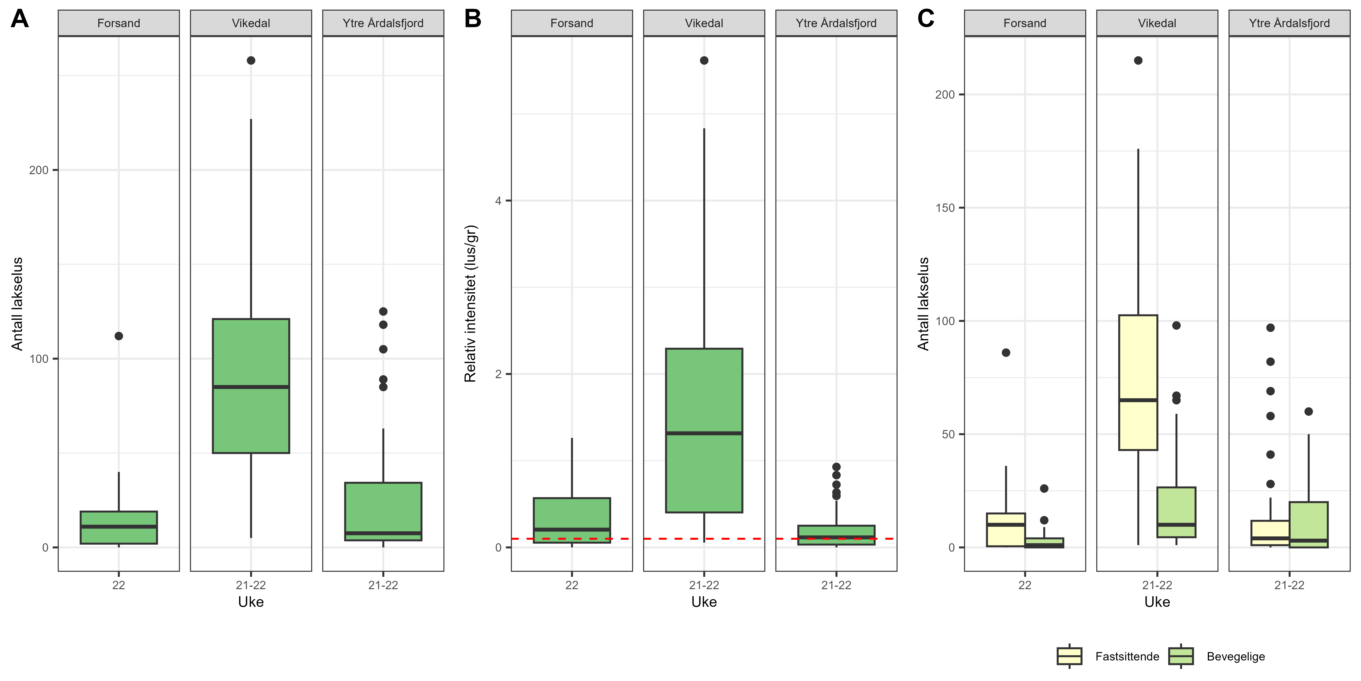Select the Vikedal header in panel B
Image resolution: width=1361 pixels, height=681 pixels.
click(704, 23)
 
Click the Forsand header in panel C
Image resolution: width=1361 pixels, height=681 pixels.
click(1024, 23)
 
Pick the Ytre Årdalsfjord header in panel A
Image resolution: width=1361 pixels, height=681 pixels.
click(383, 23)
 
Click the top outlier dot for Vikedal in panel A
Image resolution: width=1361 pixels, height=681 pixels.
click(251, 60)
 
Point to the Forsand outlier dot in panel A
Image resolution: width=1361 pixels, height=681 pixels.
click(119, 336)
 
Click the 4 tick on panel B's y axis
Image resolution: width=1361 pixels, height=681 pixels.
click(498, 201)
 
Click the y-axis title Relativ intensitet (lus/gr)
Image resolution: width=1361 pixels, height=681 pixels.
click(470, 304)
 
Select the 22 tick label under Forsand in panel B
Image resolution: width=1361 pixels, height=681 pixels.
click(572, 585)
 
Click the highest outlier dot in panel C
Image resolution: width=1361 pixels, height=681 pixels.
click(1138, 60)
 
